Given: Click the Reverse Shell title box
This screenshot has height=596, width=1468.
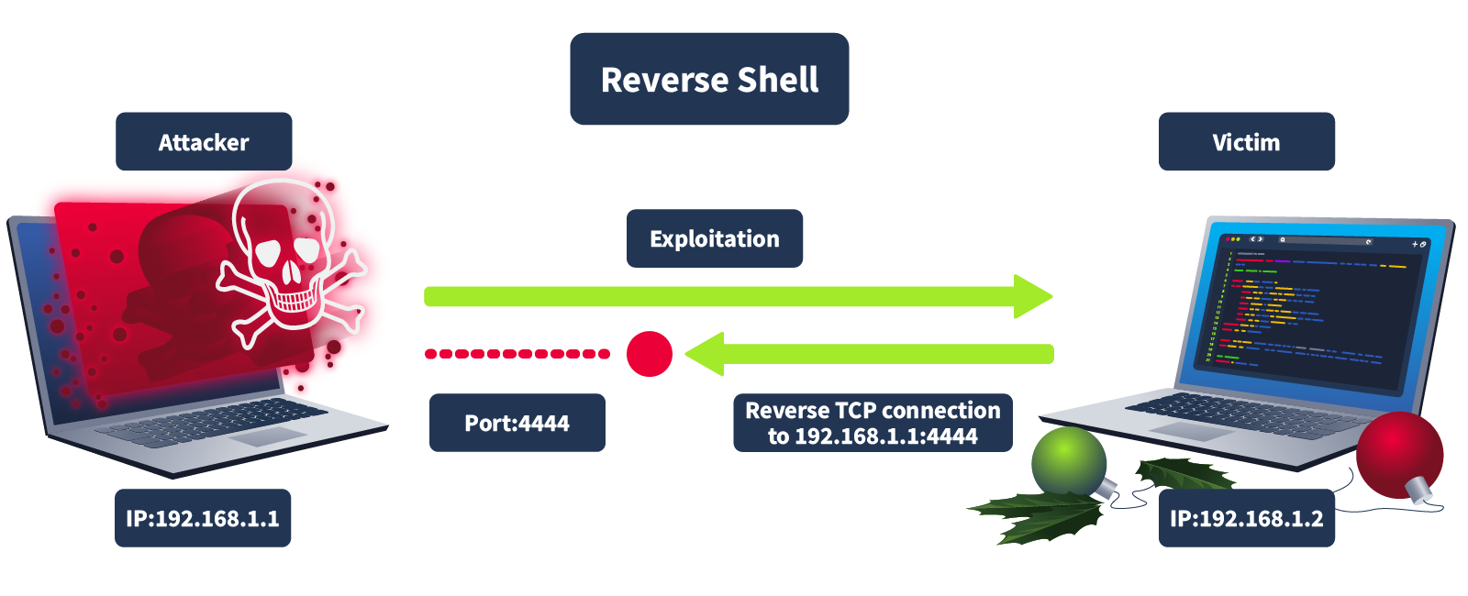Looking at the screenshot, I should (709, 79).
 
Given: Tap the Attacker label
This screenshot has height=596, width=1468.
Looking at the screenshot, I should (204, 142).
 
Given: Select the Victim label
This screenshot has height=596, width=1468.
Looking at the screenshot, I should (1246, 142).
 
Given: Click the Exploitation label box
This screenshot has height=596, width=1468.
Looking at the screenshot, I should (715, 238).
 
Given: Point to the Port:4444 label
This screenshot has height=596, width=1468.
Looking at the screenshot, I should (517, 423).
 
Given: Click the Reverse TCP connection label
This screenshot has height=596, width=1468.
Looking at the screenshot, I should (873, 423).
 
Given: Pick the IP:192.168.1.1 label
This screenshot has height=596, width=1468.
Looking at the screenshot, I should (203, 518).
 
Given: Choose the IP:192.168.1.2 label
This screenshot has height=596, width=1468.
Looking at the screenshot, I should (1246, 518).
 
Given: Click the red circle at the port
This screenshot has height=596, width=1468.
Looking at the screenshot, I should (650, 354).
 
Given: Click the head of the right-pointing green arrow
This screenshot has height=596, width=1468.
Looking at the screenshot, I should (1033, 296).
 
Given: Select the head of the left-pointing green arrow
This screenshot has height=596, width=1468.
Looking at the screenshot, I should (706, 354).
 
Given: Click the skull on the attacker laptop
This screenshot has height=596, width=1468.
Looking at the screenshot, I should (286, 257).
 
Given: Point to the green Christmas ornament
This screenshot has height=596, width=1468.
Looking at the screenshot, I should (1069, 461).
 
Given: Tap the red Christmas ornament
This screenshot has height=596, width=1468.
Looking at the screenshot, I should (1399, 454).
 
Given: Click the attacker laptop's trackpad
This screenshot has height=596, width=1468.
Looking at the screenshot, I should (267, 436).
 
